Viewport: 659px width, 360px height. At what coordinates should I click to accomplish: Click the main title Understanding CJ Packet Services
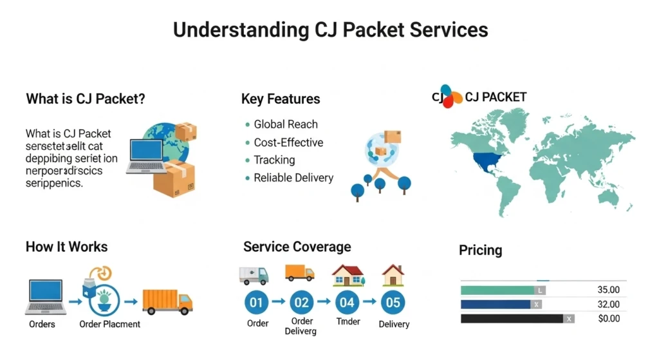(x=330, y=30)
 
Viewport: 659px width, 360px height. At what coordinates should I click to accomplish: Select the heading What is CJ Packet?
(x=85, y=99)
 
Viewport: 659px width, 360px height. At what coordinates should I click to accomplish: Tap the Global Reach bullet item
(x=285, y=124)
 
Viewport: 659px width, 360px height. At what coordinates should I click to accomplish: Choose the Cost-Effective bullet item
(x=288, y=142)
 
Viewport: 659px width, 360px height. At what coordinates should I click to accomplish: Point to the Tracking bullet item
(x=274, y=160)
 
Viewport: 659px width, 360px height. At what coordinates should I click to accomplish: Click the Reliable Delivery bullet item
(x=293, y=178)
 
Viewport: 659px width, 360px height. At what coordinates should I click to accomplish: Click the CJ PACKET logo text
(x=496, y=97)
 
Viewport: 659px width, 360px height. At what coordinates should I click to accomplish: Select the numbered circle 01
(x=257, y=301)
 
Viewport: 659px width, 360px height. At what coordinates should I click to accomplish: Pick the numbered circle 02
(x=301, y=301)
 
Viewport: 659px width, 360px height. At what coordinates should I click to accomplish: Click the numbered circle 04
(x=348, y=301)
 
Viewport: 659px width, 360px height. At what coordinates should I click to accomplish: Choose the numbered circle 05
(x=393, y=301)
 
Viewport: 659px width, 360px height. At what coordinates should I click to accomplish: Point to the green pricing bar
(x=498, y=290)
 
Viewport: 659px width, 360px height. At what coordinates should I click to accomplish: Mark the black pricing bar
(x=512, y=318)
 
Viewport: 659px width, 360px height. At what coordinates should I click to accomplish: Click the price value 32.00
(x=608, y=304)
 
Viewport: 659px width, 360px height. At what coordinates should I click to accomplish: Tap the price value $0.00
(x=608, y=318)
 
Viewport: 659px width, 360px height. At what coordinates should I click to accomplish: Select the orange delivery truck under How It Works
(x=167, y=301)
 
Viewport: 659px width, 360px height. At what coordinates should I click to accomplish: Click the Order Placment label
(x=109, y=324)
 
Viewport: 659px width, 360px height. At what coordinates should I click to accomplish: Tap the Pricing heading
(x=480, y=250)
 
